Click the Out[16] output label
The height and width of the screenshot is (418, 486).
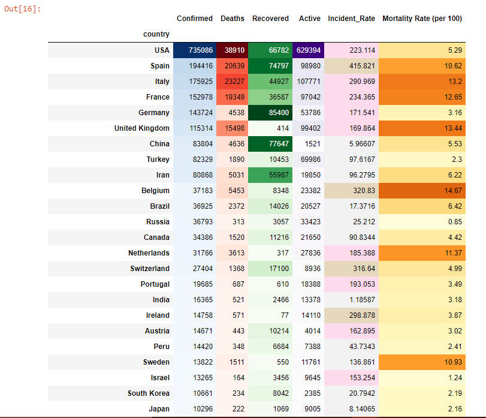(x=22, y=10)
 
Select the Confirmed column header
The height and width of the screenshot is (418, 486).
(x=195, y=19)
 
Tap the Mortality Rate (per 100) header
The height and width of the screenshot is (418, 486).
(x=422, y=19)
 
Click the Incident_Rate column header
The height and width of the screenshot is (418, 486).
(x=352, y=19)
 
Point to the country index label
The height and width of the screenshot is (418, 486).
(x=156, y=34)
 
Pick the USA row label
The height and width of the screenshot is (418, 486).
(x=161, y=50)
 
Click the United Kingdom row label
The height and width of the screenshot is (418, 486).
(x=142, y=128)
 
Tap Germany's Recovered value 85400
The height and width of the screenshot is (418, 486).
(x=270, y=113)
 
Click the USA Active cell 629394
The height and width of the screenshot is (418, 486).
(x=309, y=50)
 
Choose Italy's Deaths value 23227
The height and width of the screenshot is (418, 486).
(x=233, y=82)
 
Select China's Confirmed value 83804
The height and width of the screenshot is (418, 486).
(x=201, y=144)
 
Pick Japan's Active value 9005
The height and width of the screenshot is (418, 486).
(x=310, y=409)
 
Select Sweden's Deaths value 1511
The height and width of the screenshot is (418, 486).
(x=234, y=362)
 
